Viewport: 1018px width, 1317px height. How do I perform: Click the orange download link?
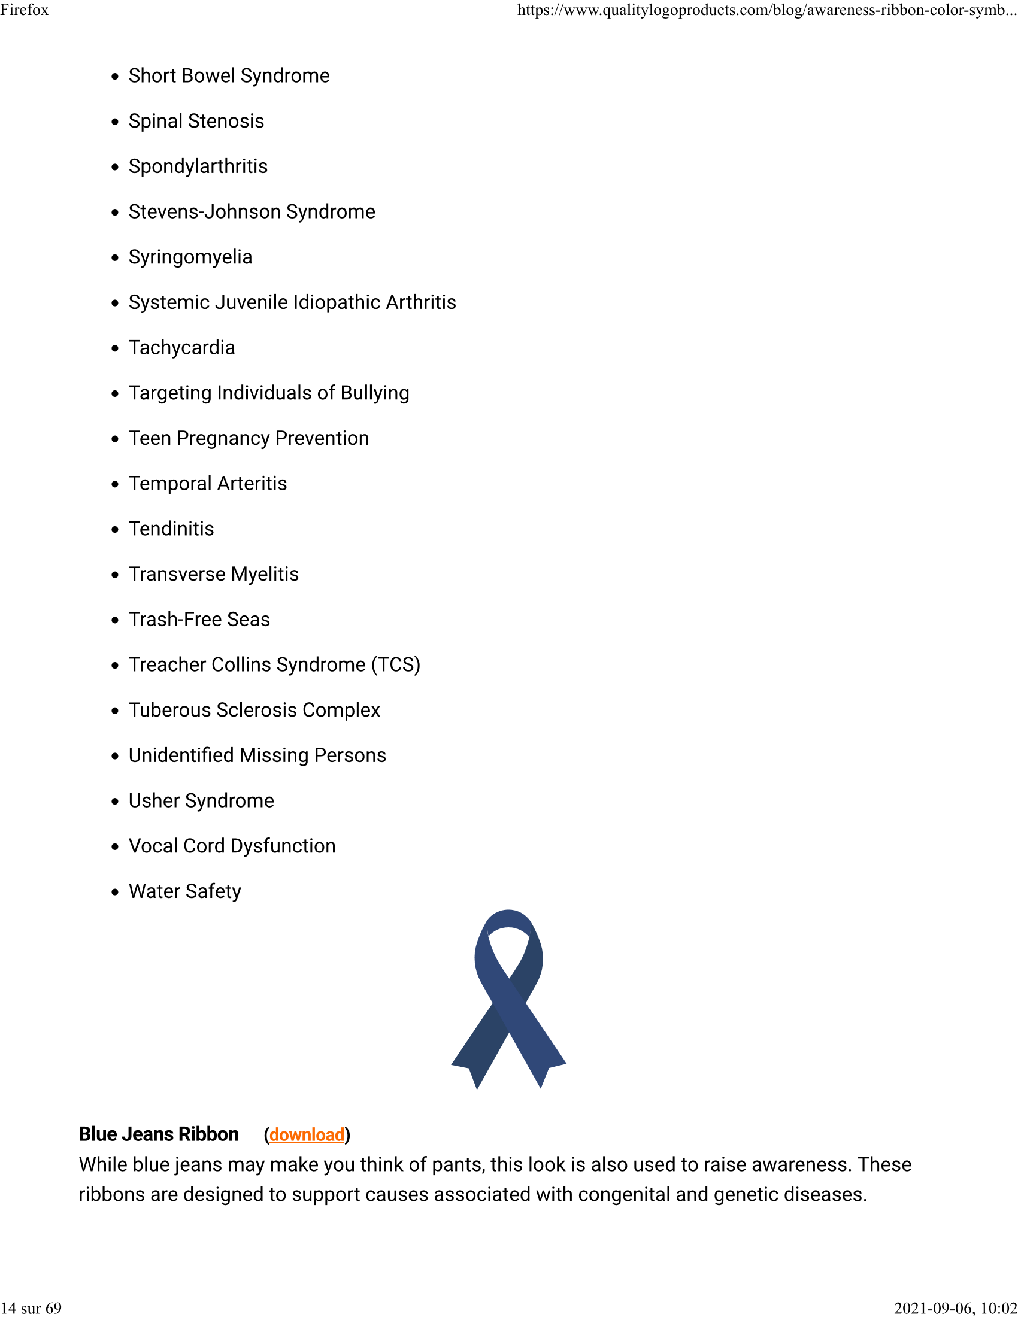(x=307, y=1134)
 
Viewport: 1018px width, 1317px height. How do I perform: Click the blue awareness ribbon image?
(x=508, y=999)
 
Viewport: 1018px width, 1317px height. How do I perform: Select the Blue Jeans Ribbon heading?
(x=159, y=1134)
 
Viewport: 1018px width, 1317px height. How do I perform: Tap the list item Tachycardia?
(x=181, y=348)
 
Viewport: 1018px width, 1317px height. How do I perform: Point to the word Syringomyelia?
(x=190, y=257)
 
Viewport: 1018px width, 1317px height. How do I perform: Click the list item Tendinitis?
(x=171, y=529)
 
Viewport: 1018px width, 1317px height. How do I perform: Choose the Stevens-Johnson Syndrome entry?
(x=252, y=212)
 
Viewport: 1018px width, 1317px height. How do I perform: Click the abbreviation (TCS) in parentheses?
(x=395, y=664)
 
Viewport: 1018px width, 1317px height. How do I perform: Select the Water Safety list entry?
(x=184, y=891)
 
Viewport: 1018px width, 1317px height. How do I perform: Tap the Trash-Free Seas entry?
(x=199, y=620)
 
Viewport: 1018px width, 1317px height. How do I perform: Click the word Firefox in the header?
(x=24, y=10)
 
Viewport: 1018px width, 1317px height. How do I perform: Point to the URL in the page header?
(x=766, y=10)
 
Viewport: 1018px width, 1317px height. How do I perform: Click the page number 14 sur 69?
(x=31, y=1308)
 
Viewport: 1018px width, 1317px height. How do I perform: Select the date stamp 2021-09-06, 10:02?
(x=955, y=1308)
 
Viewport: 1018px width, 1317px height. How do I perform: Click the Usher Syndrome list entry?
(x=201, y=801)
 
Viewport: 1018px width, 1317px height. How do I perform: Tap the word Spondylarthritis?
(x=198, y=166)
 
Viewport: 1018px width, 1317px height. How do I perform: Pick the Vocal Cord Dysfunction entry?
(x=232, y=846)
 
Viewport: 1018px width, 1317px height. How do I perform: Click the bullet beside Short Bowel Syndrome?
(x=115, y=77)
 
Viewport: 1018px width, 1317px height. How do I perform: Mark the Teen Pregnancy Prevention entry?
(x=249, y=438)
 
